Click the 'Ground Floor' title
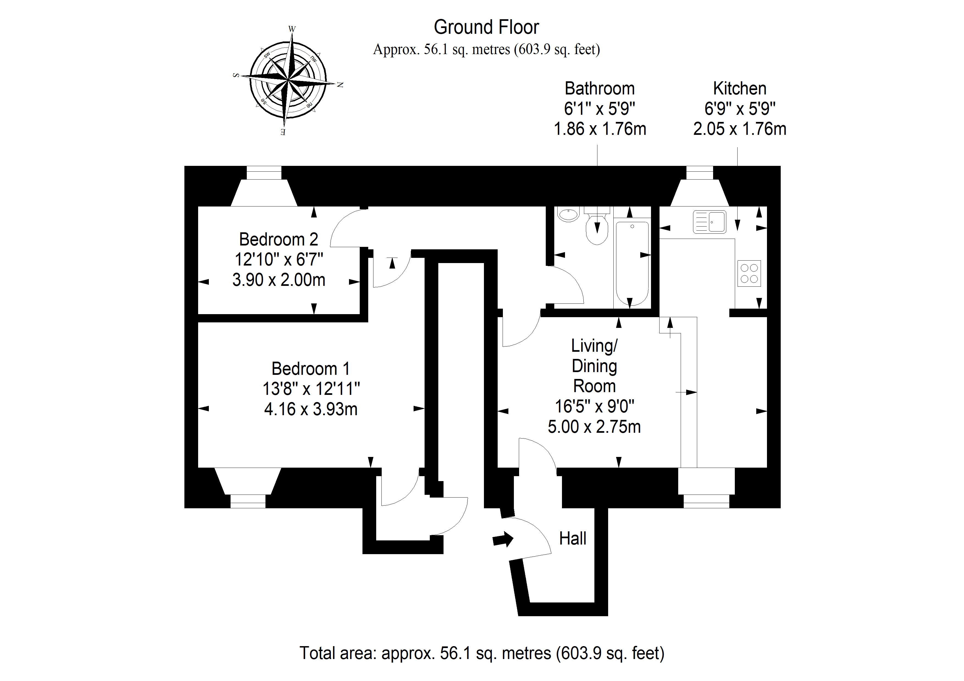pos(486,27)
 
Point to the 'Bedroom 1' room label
pos(311,369)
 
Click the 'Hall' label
pos(573,538)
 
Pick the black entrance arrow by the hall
pos(503,539)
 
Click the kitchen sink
pos(709,222)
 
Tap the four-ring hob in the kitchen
pos(749,273)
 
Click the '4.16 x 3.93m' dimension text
pos(311,409)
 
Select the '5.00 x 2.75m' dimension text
pos(594,427)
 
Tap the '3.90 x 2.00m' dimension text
pos(279,280)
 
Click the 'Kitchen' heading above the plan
pos(740,88)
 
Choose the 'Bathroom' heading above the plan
pos(600,88)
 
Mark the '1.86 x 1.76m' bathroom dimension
pos(600,129)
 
